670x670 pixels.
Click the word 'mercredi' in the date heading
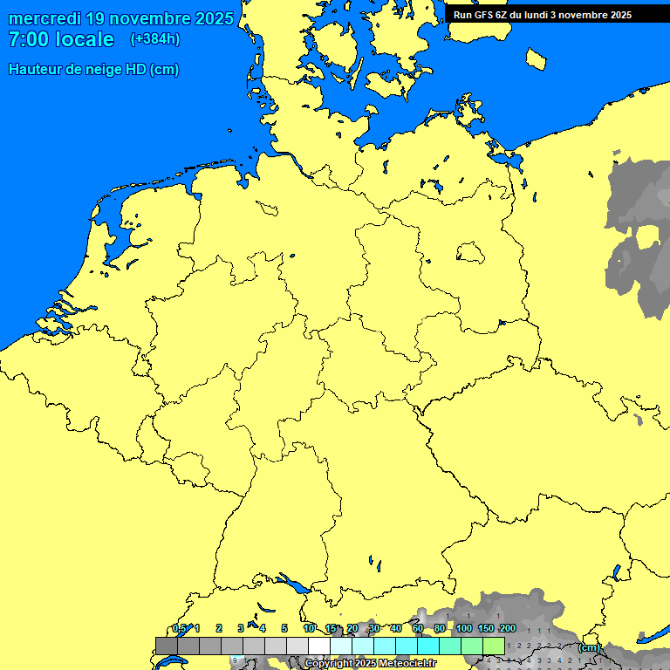pyautogui.click(x=45, y=18)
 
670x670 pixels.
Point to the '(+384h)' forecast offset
pyautogui.click(x=155, y=39)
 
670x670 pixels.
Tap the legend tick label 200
pyautogui.click(x=508, y=628)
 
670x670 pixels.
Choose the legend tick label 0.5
pyautogui.click(x=179, y=628)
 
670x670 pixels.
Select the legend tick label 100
pyautogui.click(x=464, y=628)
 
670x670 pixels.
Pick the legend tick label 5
pyautogui.click(x=284, y=628)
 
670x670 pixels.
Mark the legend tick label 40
pyautogui.click(x=396, y=628)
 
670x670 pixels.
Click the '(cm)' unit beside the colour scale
pyautogui.click(x=589, y=647)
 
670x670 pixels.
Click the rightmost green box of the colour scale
pyautogui.click(x=493, y=646)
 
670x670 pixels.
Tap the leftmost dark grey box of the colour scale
pyautogui.click(x=166, y=646)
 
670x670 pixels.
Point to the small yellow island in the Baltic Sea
pyautogui.click(x=537, y=58)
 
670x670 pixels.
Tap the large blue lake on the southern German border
pyautogui.click(x=291, y=582)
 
